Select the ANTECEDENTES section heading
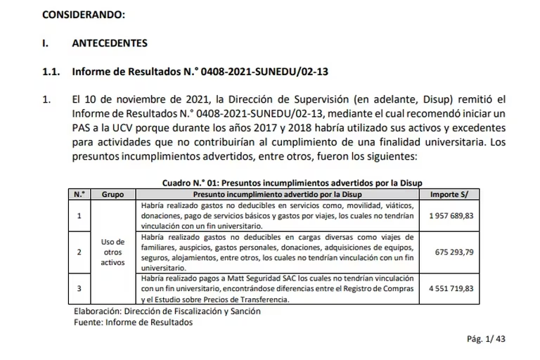[x=110, y=43]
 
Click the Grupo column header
[x=113, y=193]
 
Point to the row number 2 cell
[x=79, y=251]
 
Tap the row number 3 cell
[x=79, y=288]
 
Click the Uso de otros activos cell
[x=112, y=251]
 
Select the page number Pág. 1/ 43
[x=486, y=338]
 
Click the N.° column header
[x=79, y=193]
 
